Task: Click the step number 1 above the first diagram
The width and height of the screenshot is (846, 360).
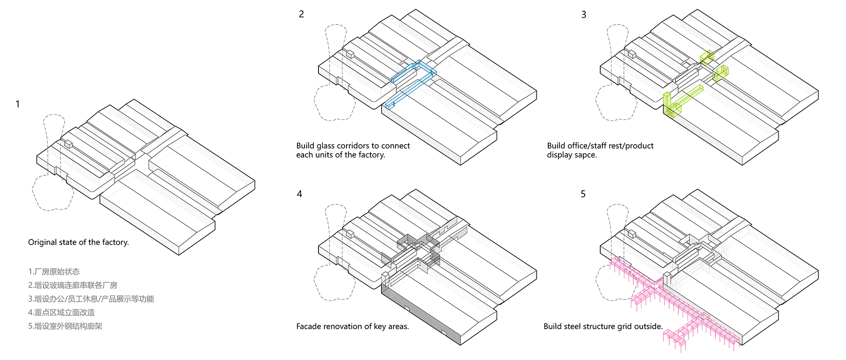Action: (17, 104)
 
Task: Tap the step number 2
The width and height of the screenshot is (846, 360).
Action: (301, 14)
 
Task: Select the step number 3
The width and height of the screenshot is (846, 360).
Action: (584, 15)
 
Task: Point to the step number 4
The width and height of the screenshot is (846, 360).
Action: (299, 194)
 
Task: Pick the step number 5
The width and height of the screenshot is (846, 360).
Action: (583, 194)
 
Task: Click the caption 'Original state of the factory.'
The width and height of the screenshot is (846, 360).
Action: (78, 242)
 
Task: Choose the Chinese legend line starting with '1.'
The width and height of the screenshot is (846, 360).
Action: (54, 272)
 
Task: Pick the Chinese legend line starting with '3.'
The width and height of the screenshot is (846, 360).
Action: (91, 299)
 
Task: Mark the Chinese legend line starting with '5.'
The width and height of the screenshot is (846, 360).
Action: (65, 326)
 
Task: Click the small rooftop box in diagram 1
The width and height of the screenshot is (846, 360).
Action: (68, 144)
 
